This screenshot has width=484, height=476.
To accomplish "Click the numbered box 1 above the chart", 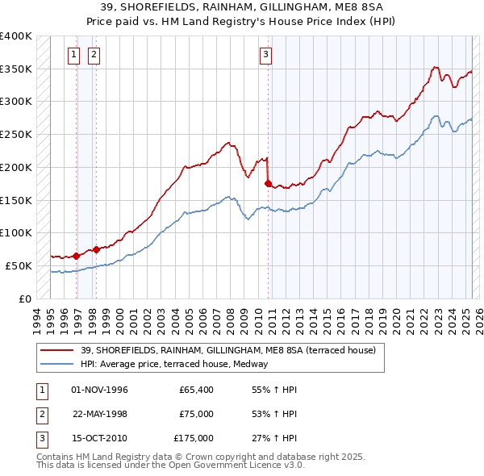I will click(74, 55).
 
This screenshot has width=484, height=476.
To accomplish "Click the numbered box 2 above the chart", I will click(94, 55).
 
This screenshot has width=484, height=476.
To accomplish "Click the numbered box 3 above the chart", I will click(265, 55).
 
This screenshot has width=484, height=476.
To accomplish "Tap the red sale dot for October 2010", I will click(268, 183).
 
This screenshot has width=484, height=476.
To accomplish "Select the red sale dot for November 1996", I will click(77, 256).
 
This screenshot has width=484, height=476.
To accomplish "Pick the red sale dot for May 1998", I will click(96, 249).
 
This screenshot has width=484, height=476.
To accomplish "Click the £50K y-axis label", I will click(19, 265).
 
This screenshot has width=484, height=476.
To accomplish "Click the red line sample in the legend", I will click(57, 350).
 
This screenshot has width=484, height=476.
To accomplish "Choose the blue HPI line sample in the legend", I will click(57, 363).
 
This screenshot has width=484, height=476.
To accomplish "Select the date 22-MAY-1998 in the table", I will click(100, 414).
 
